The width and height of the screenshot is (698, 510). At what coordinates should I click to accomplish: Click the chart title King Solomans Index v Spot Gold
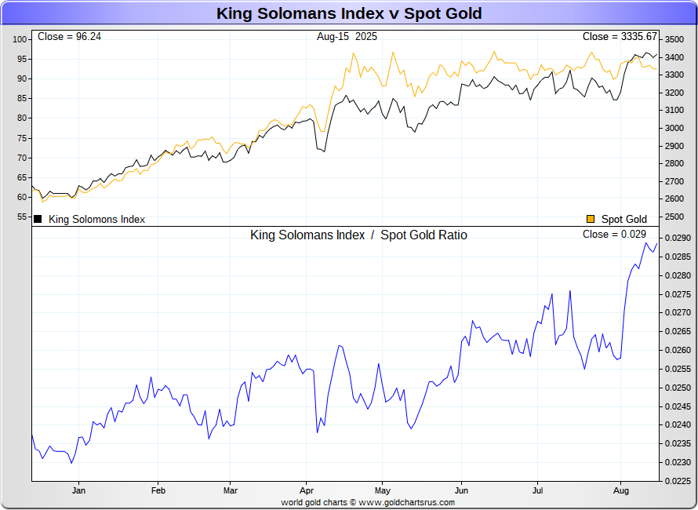tap(349, 13)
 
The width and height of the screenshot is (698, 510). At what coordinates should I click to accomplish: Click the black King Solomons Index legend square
tap(37, 219)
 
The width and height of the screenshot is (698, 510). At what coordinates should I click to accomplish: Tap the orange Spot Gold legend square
tap(591, 219)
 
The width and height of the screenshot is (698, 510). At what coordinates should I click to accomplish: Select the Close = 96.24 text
tap(64, 37)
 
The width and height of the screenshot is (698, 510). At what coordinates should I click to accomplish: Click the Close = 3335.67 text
tap(620, 37)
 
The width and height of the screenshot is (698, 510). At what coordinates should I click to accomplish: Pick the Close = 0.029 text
tap(614, 235)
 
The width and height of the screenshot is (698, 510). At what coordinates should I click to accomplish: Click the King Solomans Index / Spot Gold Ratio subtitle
tap(358, 235)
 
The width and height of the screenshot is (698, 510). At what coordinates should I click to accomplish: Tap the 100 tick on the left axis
tap(20, 39)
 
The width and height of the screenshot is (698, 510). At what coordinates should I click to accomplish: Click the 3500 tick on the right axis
tap(674, 39)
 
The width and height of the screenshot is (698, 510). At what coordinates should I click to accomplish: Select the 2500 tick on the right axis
tap(674, 199)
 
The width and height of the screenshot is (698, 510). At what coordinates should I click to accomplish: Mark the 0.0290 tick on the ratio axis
tap(676, 238)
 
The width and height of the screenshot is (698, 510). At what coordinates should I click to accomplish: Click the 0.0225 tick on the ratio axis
tap(676, 481)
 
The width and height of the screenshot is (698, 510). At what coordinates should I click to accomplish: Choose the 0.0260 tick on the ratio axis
tap(676, 350)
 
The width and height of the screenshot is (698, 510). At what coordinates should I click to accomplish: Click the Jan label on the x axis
tap(78, 491)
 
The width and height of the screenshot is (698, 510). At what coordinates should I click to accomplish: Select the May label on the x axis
tap(382, 491)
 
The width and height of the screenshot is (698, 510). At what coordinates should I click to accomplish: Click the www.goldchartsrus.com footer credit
tap(406, 502)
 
